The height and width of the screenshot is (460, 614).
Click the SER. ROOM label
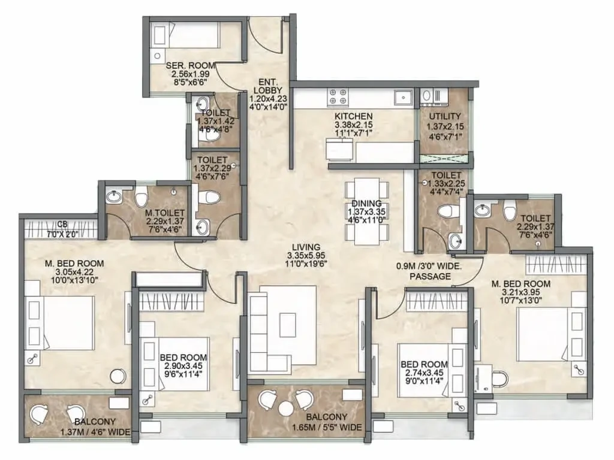pos(190,65)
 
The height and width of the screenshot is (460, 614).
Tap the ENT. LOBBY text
pos(268,86)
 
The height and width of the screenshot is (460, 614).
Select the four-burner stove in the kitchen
pos(338,96)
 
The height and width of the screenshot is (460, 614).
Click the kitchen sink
pos(403,97)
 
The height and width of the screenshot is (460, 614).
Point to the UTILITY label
pos(445,116)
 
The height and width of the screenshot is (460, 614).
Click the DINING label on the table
pos(366,204)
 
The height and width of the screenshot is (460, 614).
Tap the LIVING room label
pos(306,247)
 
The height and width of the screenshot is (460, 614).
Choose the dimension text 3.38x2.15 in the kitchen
pos(353,125)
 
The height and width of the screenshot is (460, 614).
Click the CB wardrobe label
pos(62,224)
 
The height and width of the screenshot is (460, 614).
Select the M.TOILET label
pos(164,213)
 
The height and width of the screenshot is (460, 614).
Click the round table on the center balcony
pos(286,409)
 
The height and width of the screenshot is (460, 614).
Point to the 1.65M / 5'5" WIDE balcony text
pos(327,427)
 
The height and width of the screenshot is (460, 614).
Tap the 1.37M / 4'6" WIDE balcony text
pos(95,432)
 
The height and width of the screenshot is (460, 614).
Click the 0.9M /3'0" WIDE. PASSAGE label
pos(429,271)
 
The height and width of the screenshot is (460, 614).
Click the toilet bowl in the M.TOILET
pos(142,196)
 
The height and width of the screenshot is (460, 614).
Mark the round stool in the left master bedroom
pos(118,376)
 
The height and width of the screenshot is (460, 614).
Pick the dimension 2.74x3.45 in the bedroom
pos(424,373)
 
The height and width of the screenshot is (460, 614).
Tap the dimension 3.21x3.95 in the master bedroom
pos(521,292)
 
